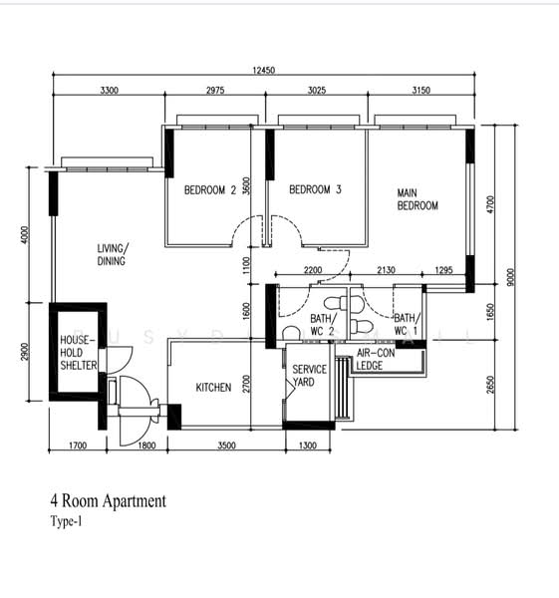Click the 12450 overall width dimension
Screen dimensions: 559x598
click(x=263, y=70)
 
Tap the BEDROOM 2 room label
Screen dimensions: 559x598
click(x=210, y=189)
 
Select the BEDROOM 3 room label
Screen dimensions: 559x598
click(x=315, y=189)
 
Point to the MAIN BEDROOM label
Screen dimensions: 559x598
click(x=418, y=199)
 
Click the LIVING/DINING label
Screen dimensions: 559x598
click(x=113, y=254)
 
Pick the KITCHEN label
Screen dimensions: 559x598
click(x=213, y=388)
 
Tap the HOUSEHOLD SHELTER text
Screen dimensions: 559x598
click(x=79, y=353)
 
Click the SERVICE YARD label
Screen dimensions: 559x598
click(x=309, y=376)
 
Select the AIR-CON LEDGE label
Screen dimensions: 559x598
click(x=376, y=359)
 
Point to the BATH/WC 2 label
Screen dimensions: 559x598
click(x=324, y=324)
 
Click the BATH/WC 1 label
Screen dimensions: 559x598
click(x=407, y=324)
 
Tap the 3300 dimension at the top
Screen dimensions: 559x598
click(x=109, y=91)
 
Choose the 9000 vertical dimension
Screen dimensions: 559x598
click(x=511, y=277)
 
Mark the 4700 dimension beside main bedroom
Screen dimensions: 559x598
click(x=491, y=204)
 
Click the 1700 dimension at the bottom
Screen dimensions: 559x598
click(x=78, y=446)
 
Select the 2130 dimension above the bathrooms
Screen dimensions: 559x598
click(x=386, y=270)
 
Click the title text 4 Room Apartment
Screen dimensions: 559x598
click(x=109, y=500)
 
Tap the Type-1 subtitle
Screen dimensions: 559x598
click(x=66, y=521)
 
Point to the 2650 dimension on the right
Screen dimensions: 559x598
click(x=490, y=385)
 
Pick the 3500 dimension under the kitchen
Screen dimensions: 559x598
click(x=226, y=446)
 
